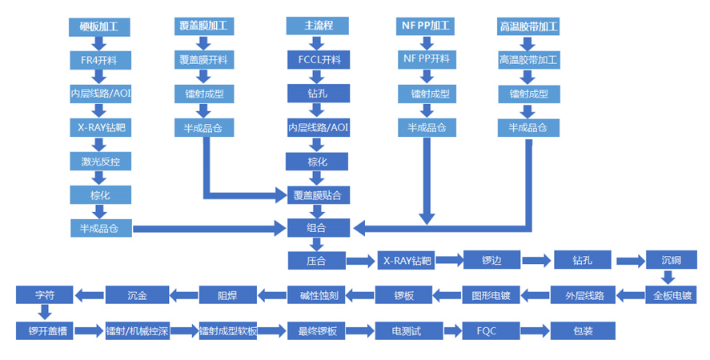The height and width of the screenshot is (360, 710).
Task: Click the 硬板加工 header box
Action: pyautogui.click(x=99, y=26)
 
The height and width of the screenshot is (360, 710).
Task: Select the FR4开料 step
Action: pyautogui.click(x=99, y=59)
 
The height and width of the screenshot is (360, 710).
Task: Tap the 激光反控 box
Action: pyautogui.click(x=99, y=162)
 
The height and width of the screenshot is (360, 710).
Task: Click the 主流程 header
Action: pyautogui.click(x=317, y=26)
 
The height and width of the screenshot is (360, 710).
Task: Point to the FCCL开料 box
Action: pyautogui.click(x=317, y=59)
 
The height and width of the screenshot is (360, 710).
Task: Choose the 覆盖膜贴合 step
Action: pyautogui.click(x=317, y=194)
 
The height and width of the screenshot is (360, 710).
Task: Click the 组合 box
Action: pyautogui.click(x=317, y=228)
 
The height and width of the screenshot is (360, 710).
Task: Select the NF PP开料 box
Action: pyautogui.click(x=426, y=59)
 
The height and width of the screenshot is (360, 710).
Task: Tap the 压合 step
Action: pyautogui.click(x=317, y=261)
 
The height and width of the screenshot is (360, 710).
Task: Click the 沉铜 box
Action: pyautogui.click(x=671, y=261)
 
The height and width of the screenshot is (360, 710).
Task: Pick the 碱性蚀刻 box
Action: pyautogui.click(x=317, y=294)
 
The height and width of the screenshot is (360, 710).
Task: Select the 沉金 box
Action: pyautogui.click(x=137, y=294)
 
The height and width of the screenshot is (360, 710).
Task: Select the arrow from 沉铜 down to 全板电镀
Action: pyautogui.click(x=671, y=278)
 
